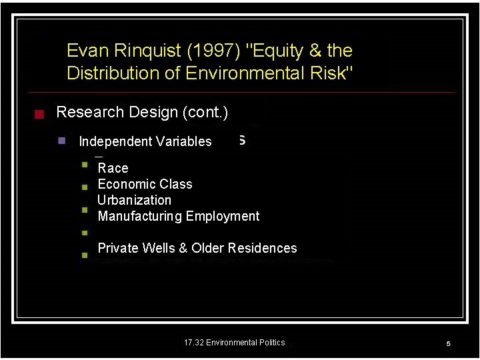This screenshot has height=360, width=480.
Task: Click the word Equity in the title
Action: pos(264,51)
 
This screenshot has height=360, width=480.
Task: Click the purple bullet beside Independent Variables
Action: pos(61,141)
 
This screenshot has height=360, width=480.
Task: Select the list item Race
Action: pos(113,168)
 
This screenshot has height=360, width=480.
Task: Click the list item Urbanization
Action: pos(134,200)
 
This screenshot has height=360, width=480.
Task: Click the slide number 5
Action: pos(449,344)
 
